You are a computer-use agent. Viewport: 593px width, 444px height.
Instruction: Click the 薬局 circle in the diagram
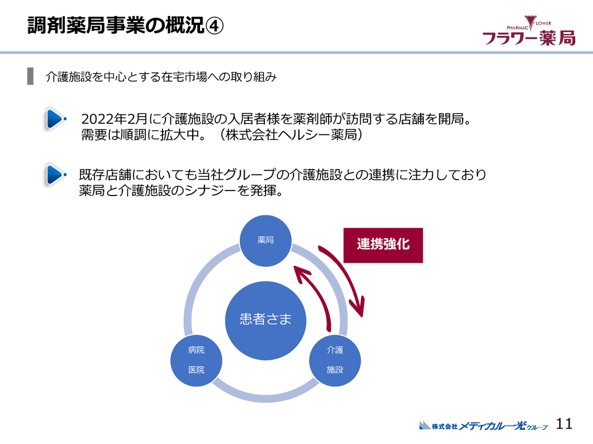pyautogui.click(x=266, y=240)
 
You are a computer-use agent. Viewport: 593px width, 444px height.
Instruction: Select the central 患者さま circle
pyautogui.click(x=266, y=319)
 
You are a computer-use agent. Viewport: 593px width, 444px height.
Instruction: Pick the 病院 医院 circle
pyautogui.click(x=196, y=360)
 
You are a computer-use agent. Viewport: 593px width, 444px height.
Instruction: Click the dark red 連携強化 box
pyautogui.click(x=383, y=245)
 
